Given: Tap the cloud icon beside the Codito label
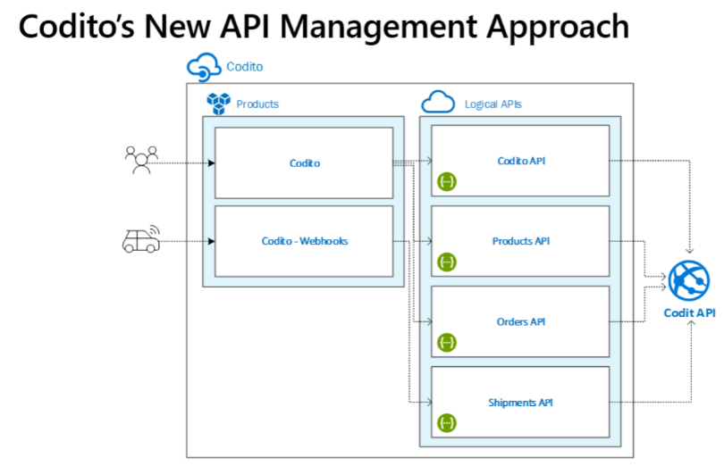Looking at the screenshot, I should [x=201, y=66].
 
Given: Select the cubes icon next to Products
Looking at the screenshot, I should [x=218, y=104].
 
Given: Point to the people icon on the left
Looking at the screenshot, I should [x=141, y=158].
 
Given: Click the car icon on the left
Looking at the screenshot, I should [x=140, y=239].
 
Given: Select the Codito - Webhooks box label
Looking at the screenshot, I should [x=304, y=241].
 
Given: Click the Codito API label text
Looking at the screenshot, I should [x=521, y=162].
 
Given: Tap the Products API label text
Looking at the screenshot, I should [x=521, y=242].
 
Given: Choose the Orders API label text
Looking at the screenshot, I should [x=521, y=321].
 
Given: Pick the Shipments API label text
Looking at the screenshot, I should [x=521, y=403].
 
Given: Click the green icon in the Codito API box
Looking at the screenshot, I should [x=447, y=182].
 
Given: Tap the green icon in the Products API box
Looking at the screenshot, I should [x=447, y=262].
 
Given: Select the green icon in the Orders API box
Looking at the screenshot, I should [x=447, y=342].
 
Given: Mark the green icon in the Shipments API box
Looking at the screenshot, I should [x=447, y=422].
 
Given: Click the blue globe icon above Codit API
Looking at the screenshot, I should [x=689, y=281].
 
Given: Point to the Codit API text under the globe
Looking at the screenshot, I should [x=689, y=313].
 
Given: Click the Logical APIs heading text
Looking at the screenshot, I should [x=493, y=104].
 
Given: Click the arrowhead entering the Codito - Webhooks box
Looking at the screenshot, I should [x=211, y=242].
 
